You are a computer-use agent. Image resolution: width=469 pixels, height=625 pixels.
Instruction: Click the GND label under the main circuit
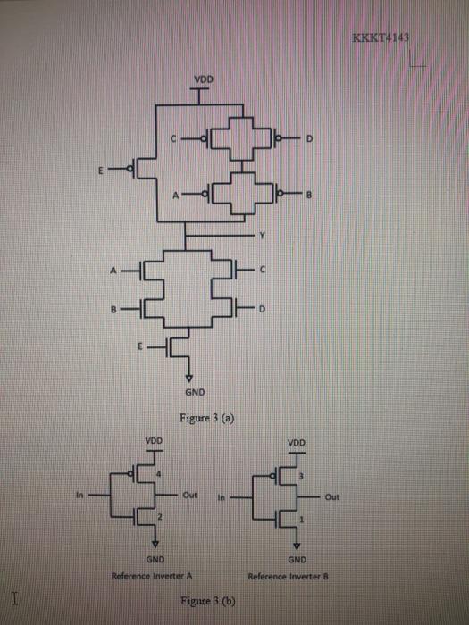[195, 392]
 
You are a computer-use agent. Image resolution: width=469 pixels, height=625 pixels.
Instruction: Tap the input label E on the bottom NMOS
[152, 343]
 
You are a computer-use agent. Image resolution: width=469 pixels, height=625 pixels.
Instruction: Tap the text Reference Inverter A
[147, 575]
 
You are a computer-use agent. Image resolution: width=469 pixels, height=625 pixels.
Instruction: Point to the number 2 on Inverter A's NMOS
[159, 517]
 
